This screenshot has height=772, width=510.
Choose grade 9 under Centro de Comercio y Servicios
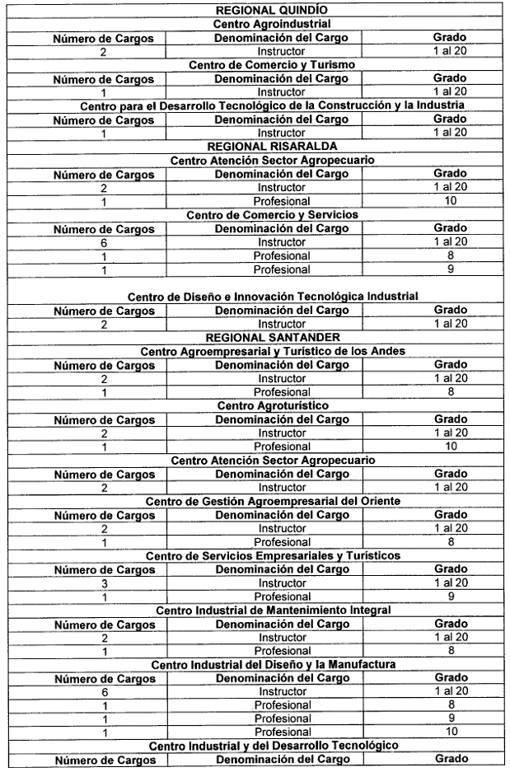point(450,269)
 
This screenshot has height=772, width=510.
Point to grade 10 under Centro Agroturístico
point(450,446)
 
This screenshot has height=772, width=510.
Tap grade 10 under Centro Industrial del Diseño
point(450,732)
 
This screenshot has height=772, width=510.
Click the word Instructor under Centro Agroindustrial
point(281,51)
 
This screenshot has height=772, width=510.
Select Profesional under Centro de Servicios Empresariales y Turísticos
point(281,597)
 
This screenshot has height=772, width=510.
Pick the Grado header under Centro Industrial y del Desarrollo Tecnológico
point(450,759)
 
